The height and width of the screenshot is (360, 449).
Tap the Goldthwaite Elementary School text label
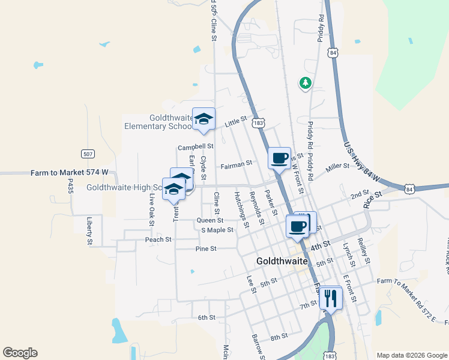click(158, 122)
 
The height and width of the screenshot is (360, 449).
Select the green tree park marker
click(306, 82)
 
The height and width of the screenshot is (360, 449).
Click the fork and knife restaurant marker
click(330, 297)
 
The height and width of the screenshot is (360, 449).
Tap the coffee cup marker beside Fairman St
click(279, 158)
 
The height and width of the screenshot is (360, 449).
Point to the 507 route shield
click(88, 154)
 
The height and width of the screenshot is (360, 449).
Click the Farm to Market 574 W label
click(70, 173)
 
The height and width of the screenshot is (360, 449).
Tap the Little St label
click(236, 122)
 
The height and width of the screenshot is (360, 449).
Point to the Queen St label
click(210, 220)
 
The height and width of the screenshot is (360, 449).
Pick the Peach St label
click(158, 239)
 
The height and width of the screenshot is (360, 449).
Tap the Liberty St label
click(89, 231)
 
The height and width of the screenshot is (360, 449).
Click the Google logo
click(20, 353)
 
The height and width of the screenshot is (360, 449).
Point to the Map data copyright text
click(412, 355)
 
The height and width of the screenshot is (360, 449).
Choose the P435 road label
click(70, 186)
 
